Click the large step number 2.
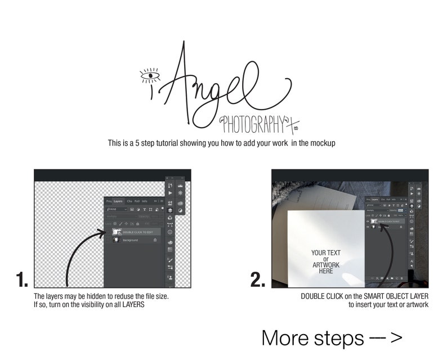click(258, 280)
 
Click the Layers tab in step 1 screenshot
click(118, 201)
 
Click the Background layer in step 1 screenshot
click(131, 240)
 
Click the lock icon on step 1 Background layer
click(155, 240)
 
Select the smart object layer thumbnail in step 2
click(373, 222)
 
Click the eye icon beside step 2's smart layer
click(368, 222)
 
